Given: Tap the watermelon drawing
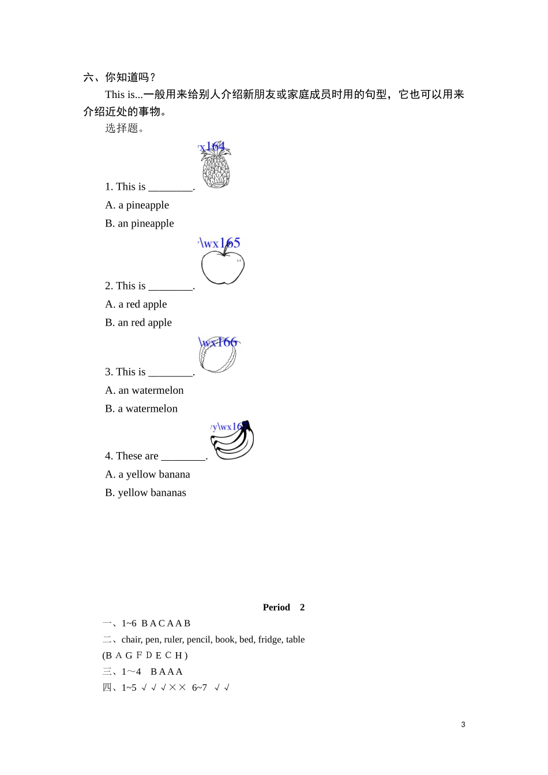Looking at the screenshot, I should (219, 355).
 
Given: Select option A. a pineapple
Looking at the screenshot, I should (137, 205).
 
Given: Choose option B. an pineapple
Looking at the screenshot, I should (140, 224).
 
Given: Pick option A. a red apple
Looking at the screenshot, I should (136, 304).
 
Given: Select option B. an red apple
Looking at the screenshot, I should (138, 323).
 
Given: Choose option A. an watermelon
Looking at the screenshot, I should (144, 390).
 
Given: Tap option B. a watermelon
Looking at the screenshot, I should (141, 409).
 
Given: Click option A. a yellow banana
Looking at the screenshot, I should (148, 475).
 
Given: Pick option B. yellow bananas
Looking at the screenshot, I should (146, 493).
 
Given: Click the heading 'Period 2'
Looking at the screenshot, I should (284, 607).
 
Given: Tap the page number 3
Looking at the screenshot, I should (463, 725).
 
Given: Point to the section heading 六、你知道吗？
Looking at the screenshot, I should (120, 77).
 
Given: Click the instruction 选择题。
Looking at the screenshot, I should (125, 128).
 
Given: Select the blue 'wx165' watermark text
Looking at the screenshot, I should (220, 243).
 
